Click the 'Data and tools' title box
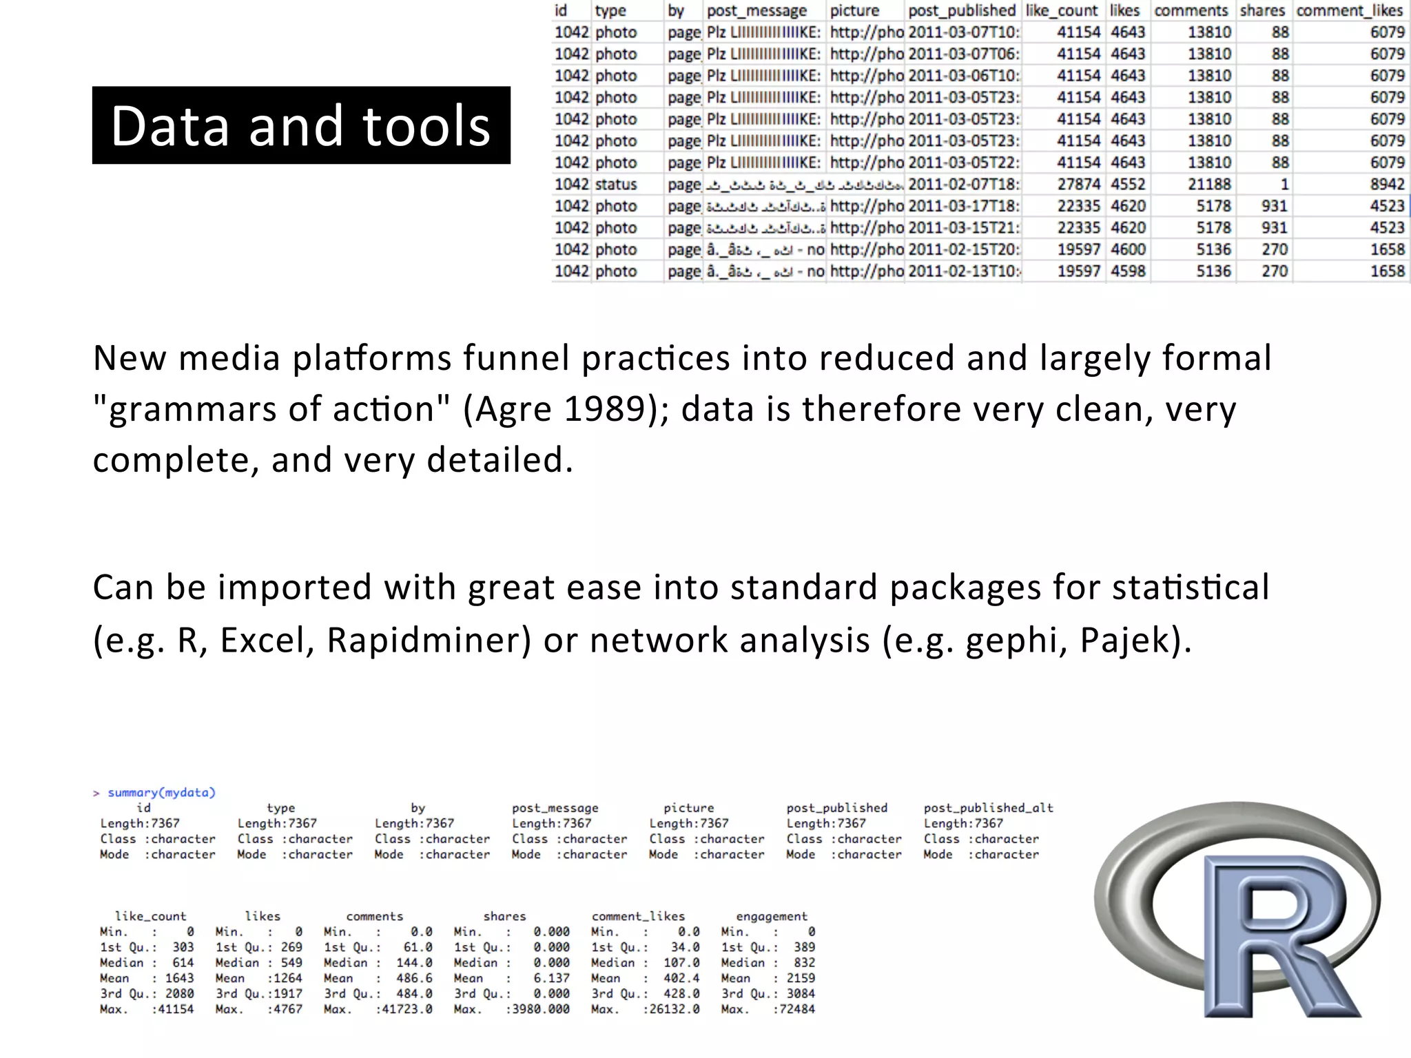click(x=301, y=125)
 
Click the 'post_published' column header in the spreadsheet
click(x=961, y=11)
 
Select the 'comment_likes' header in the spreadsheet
click(x=1349, y=11)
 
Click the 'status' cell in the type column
click(x=616, y=185)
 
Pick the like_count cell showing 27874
click(x=1078, y=185)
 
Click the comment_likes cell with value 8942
click(x=1387, y=185)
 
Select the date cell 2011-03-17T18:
click(x=963, y=206)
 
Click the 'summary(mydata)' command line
click(x=161, y=792)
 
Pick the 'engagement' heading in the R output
click(x=771, y=916)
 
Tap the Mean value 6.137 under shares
click(x=551, y=978)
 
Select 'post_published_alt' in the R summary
click(x=988, y=808)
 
